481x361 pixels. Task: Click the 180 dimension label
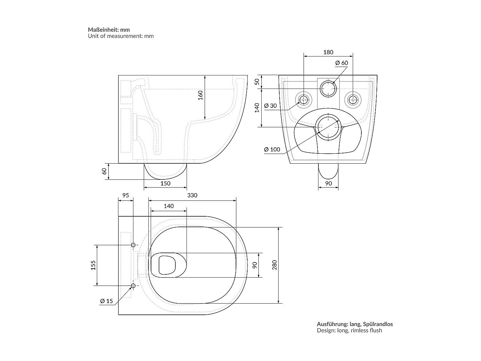tap(328, 52)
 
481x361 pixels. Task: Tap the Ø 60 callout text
tap(342, 63)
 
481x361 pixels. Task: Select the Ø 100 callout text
tap(272, 149)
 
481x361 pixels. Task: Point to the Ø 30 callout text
tap(270, 106)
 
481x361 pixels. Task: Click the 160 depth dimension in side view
tap(200, 95)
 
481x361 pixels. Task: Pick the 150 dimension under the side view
tap(165, 183)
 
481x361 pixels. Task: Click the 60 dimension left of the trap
tap(104, 171)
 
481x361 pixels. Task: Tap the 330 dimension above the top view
tap(192, 195)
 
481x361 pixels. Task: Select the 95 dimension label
tap(125, 195)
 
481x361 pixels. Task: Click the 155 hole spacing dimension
tap(93, 265)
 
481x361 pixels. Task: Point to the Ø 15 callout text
tap(106, 301)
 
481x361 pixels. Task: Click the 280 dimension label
tap(274, 265)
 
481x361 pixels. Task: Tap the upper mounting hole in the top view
tap(133, 245)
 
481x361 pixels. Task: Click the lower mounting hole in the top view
tap(133, 285)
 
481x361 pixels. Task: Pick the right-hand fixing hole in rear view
tap(353, 100)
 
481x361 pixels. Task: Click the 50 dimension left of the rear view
tap(257, 82)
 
